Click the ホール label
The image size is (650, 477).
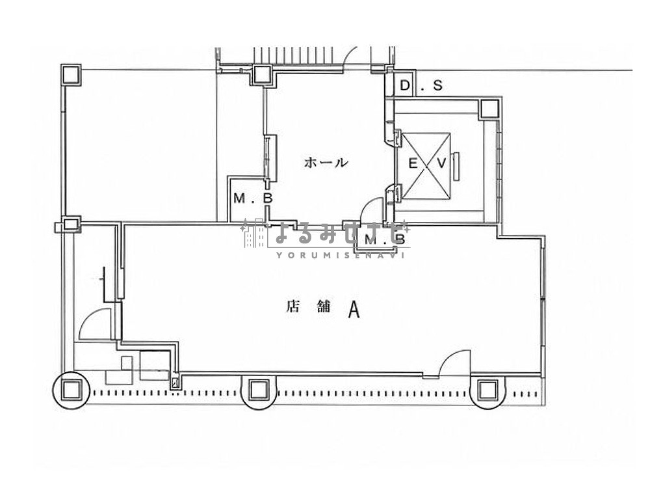tap(326, 162)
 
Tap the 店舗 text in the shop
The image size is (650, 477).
tap(308, 307)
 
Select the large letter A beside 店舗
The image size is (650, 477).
tap(354, 309)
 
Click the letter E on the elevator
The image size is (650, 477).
tap(413, 163)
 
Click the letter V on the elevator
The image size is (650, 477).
tap(441, 163)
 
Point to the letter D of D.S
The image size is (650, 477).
tap(406, 85)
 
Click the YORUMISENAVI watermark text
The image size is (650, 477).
tap(340, 255)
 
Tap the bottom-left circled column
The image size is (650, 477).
tap(71, 390)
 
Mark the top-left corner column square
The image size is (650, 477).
tap(71, 75)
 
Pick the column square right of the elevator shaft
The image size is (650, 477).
tap(489, 109)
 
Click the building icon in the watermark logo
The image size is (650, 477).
tap(253, 234)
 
